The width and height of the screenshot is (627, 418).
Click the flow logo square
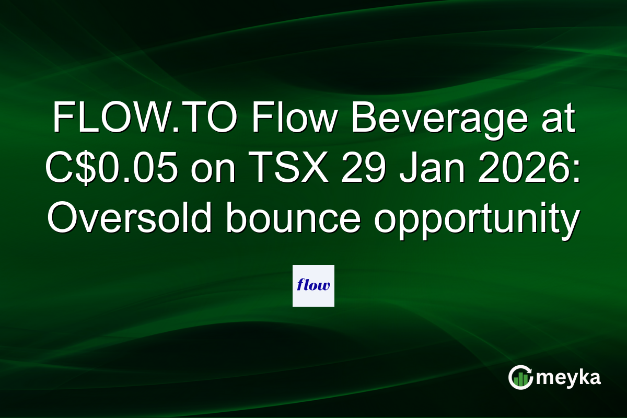click(313, 285)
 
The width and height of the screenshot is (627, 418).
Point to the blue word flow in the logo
click(313, 285)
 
